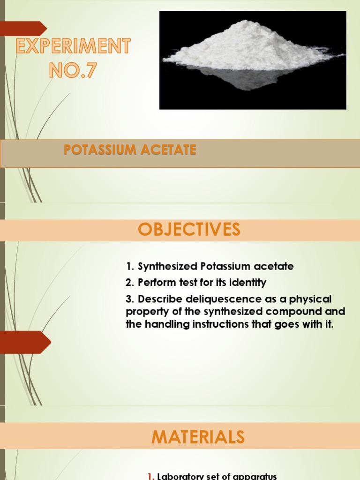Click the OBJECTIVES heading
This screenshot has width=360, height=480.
point(189,230)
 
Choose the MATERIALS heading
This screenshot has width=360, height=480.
point(198,436)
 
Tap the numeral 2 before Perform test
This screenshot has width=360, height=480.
point(129,283)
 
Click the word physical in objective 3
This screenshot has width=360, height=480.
point(312,299)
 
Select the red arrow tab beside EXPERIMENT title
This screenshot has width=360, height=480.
point(23,29)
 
